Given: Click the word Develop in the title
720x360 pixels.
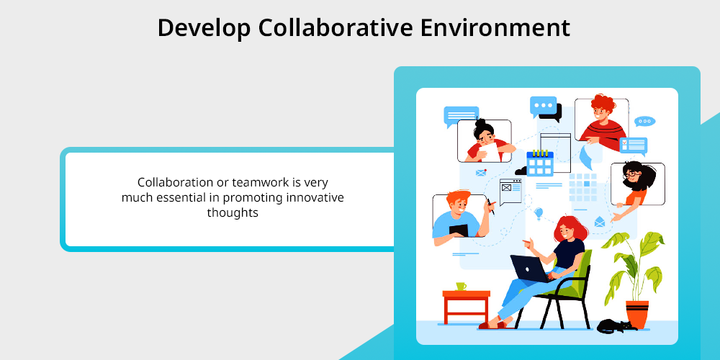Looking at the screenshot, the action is click(204, 29).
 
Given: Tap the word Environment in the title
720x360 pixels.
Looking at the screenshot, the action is click(495, 27).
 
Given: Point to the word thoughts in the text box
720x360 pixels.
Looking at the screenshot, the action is click(233, 213).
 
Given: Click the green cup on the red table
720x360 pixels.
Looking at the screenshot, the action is click(461, 286).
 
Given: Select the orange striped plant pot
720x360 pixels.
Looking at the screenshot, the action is click(637, 314).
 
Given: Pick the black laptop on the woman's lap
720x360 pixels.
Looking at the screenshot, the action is click(529, 268).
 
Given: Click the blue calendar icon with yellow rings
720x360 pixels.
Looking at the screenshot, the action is click(539, 163).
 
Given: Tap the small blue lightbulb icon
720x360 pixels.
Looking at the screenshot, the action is click(539, 213).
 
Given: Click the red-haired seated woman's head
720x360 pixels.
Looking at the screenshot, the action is click(570, 229).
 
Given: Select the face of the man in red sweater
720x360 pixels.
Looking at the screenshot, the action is click(600, 112).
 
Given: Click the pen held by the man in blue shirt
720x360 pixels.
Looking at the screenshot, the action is click(490, 206).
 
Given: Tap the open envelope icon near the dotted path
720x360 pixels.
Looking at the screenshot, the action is click(599, 222).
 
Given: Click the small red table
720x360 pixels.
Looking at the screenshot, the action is click(466, 307).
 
